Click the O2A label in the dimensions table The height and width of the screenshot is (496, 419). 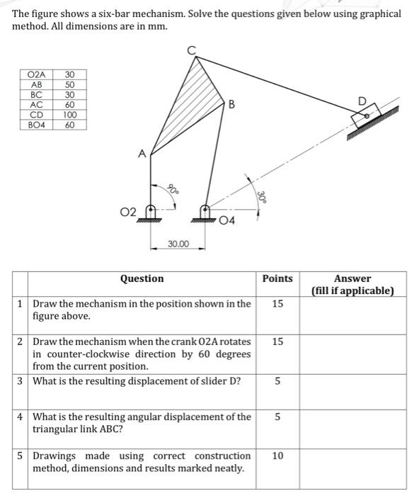coord(36,74)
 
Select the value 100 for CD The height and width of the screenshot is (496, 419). coord(69,114)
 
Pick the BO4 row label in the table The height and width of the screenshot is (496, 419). coord(36,125)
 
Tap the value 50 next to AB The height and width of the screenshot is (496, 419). coord(69,84)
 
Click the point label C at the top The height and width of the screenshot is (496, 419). coord(190,50)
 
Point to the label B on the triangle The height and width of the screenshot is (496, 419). coord(231,106)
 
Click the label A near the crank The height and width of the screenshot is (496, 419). coord(142,153)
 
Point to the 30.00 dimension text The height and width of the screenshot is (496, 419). coord(178,244)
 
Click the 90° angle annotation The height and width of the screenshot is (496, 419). coord(172,189)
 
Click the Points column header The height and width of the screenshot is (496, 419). coord(277,278)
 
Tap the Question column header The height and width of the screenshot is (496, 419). coord(142,278)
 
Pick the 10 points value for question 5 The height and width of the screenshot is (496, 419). coord(277,456)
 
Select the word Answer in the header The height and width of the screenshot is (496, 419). coord(352,278)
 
